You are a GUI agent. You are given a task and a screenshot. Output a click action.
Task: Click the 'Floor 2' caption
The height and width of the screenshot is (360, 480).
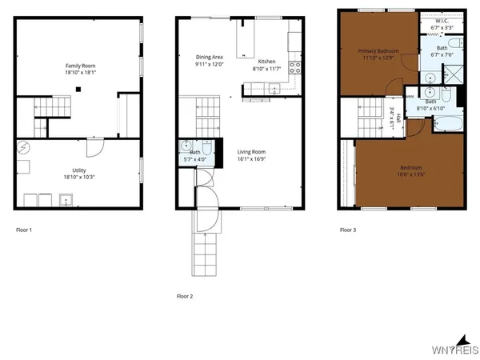(186, 296)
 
